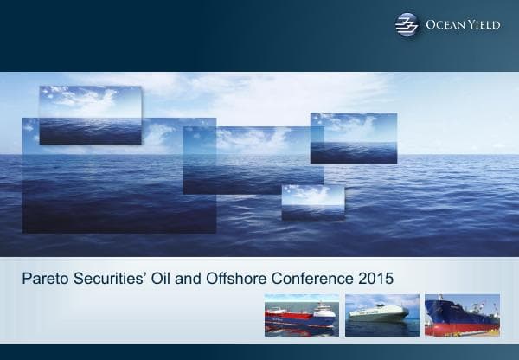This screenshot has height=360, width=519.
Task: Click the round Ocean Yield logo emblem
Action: coord(407,25)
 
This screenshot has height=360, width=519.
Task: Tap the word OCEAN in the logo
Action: coord(445,25)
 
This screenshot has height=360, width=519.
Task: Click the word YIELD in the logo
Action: coord(482,25)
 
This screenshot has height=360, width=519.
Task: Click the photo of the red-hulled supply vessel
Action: coord(300,315)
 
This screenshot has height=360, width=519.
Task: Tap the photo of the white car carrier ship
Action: coord(381,315)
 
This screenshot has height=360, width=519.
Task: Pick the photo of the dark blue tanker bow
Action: coord(462,315)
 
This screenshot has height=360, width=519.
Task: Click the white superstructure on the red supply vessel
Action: coord(321,310)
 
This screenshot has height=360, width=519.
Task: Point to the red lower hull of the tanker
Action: coord(458,328)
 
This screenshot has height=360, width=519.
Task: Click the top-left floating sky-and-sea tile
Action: coord(90,112)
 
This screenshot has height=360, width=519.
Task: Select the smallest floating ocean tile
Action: coord(313,202)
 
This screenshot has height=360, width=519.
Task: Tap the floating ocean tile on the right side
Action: coord(353,138)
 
